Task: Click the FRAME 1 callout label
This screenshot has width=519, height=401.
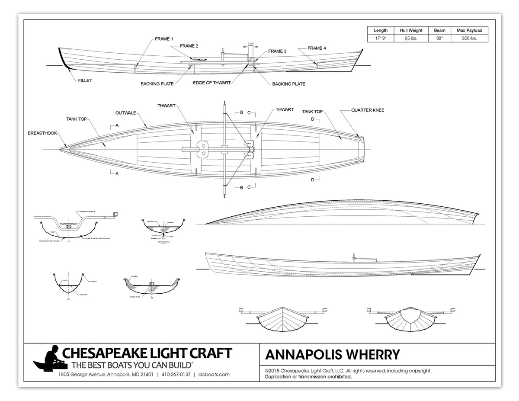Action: pyautogui.click(x=164, y=39)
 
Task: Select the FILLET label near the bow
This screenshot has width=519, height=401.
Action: pyautogui.click(x=85, y=80)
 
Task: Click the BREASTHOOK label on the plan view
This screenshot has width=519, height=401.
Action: pyautogui.click(x=42, y=133)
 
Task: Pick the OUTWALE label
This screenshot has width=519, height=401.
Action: pyautogui.click(x=126, y=113)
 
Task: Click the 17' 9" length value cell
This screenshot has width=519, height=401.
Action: pyautogui.click(x=380, y=38)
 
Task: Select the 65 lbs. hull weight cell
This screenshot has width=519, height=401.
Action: pyautogui.click(x=410, y=38)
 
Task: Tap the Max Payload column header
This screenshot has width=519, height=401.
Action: pyautogui.click(x=469, y=30)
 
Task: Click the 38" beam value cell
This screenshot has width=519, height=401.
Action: pyautogui.click(x=439, y=38)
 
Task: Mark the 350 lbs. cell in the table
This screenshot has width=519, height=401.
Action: pyautogui.click(x=469, y=38)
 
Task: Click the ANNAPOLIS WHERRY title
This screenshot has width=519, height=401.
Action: pyautogui.click(x=332, y=355)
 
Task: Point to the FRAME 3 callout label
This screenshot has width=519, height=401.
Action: pyautogui.click(x=277, y=51)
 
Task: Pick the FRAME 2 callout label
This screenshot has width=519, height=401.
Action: pyautogui.click(x=189, y=46)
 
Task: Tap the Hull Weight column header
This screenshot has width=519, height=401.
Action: pyautogui.click(x=410, y=30)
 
